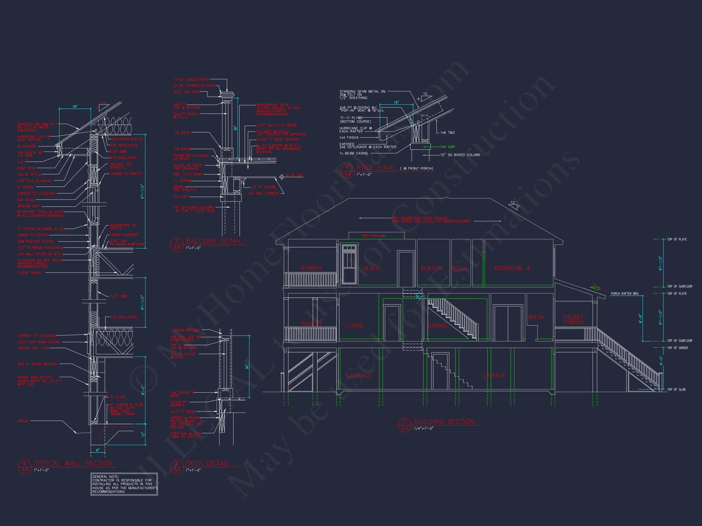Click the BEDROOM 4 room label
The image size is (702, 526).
[512, 268]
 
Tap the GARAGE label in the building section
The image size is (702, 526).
[494, 375]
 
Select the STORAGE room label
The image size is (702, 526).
[358, 375]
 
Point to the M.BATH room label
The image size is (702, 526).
[431, 268]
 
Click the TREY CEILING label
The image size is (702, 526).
[373, 236]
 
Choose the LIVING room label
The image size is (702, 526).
[354, 326]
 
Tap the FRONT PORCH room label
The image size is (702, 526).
[573, 319]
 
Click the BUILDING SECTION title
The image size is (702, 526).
[444, 422]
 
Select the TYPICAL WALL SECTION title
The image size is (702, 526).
[73, 464]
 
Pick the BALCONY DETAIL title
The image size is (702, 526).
[214, 241]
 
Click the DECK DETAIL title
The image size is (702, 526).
[207, 464]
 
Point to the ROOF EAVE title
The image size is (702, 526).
[375, 168]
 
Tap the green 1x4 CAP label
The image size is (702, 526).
[447, 147]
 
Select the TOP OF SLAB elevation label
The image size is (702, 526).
[676, 390]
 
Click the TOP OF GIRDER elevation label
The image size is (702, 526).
[678, 348]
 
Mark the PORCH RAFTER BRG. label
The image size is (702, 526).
[625, 294]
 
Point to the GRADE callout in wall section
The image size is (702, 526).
[23, 421]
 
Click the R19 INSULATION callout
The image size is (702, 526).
[123, 317]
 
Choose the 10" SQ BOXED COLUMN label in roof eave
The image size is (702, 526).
[460, 155]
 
